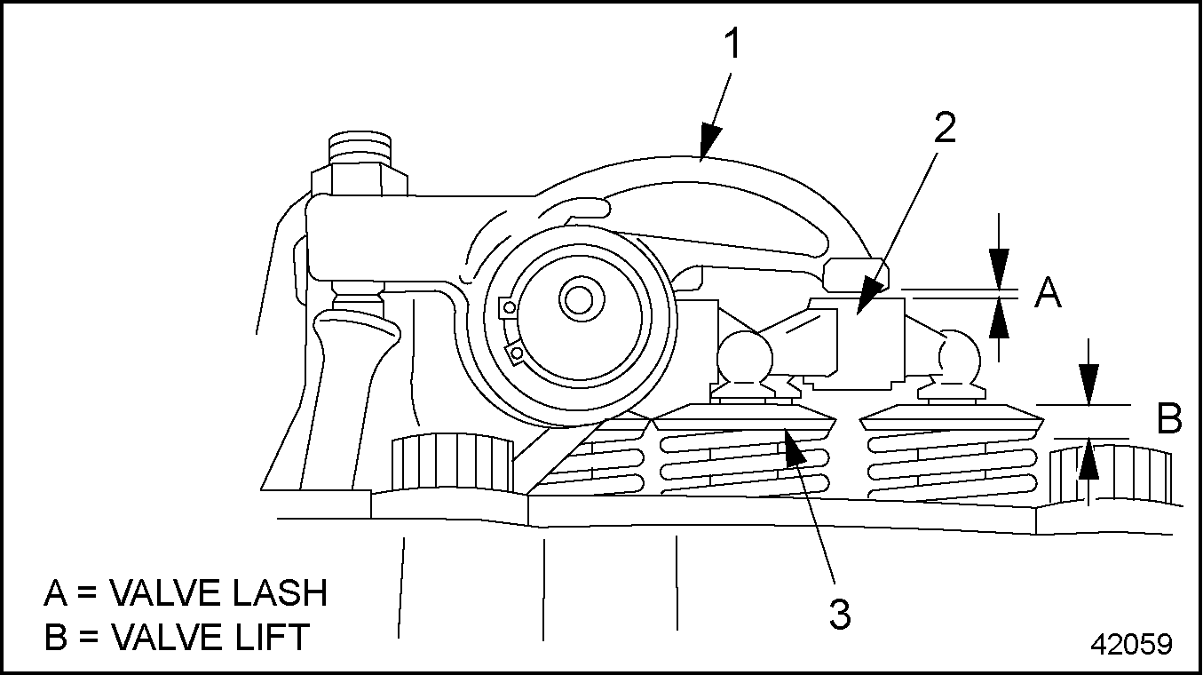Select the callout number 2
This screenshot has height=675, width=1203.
pos(945,130)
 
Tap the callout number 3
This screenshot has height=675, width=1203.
pos(840,614)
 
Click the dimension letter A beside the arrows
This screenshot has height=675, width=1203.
pos(1049,292)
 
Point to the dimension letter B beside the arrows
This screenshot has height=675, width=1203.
pos(1169,419)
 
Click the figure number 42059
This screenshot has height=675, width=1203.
pos(1131,644)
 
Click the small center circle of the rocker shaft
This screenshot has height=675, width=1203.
pos(579,300)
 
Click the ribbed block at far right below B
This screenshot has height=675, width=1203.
pos(1109,475)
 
